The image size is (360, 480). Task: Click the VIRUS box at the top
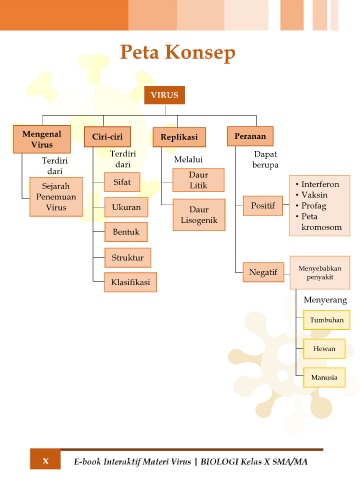pyautogui.click(x=164, y=95)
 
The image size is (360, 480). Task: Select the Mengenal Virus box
pyautogui.click(x=42, y=139)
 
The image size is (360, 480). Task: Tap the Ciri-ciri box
pyautogui.click(x=107, y=137)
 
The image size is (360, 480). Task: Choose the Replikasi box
pyautogui.click(x=179, y=137)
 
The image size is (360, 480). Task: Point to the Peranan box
pyautogui.click(x=250, y=136)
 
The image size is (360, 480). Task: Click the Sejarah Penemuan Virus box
pyautogui.click(x=56, y=197)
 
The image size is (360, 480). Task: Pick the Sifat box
pyautogui.click(x=122, y=182)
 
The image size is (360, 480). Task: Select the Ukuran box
pyautogui.click(x=126, y=207)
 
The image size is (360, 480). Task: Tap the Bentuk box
pyautogui.click(x=126, y=232)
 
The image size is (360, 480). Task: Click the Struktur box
pyautogui.click(x=128, y=258)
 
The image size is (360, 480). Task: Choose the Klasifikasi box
pyautogui.click(x=130, y=282)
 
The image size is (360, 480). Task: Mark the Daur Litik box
pyautogui.click(x=198, y=180)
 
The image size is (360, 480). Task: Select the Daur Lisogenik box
pyautogui.click(x=199, y=215)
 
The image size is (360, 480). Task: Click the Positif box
pyautogui.click(x=263, y=206)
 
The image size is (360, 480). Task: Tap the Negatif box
pyautogui.click(x=263, y=272)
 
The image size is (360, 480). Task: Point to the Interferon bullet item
pyautogui.click(x=317, y=184)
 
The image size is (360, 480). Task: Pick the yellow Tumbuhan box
pyautogui.click(x=327, y=320)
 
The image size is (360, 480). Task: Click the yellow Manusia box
pyautogui.click(x=324, y=378)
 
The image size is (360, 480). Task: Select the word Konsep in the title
pyautogui.click(x=200, y=53)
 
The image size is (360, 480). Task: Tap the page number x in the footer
pyautogui.click(x=46, y=461)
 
